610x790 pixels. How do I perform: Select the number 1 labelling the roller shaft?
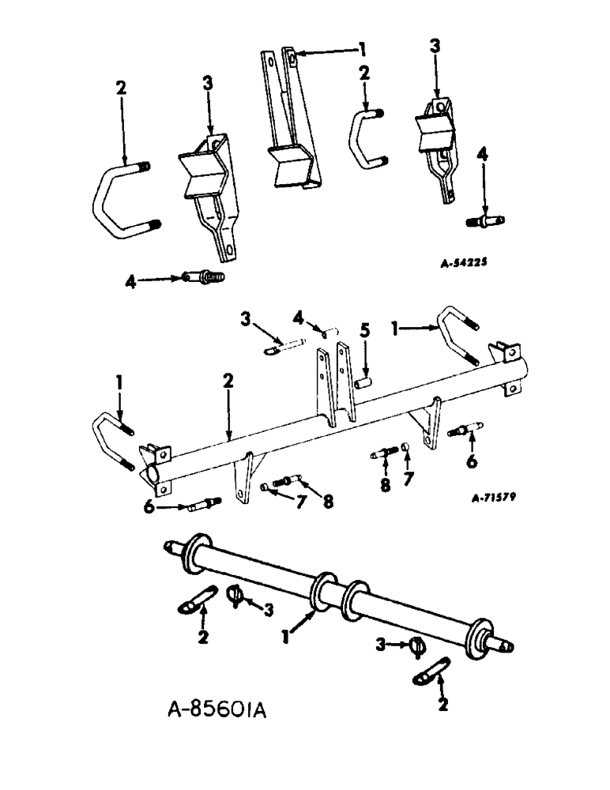284,633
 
